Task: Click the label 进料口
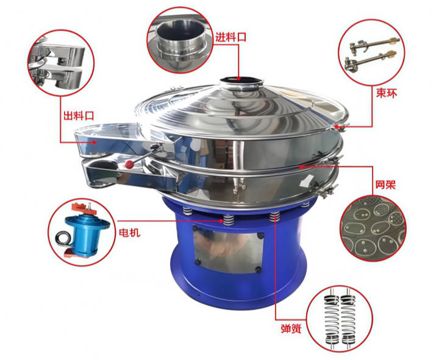[x=230, y=37]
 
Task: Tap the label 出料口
[x=79, y=115]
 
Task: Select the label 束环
[x=387, y=93]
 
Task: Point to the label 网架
[x=385, y=185]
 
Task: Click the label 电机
[x=130, y=233]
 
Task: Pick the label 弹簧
[x=291, y=329]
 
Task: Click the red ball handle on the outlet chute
[x=129, y=164]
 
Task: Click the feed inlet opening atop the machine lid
[x=241, y=82]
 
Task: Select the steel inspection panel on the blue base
[x=229, y=249]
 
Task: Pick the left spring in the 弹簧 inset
[x=332, y=319]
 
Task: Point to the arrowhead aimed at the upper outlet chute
[x=95, y=143]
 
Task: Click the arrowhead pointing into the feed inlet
[x=238, y=79]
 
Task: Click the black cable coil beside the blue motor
[x=62, y=238]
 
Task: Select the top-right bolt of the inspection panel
[x=260, y=236]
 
